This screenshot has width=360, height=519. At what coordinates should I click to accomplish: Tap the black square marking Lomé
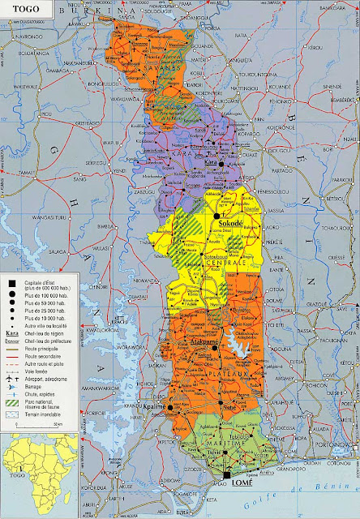[228, 476]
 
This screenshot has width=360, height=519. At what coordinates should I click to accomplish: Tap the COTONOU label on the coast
[341, 466]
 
